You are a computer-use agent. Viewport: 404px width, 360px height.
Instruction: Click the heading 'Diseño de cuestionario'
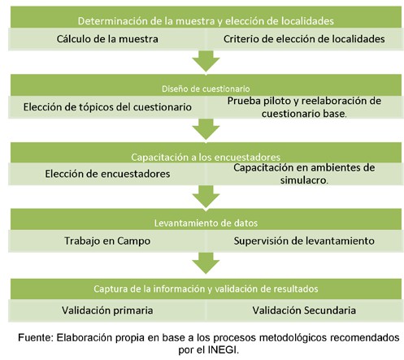tap(206, 89)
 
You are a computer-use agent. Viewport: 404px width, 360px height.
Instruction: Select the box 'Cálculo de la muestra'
tap(107, 39)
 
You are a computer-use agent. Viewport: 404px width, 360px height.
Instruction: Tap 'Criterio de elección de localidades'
tap(304, 39)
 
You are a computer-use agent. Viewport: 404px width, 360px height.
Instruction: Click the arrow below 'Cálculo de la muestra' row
tap(206, 61)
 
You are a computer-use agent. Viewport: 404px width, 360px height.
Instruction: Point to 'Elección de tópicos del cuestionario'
tap(107, 107)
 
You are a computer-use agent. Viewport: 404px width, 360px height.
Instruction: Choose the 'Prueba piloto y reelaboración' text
tap(304, 101)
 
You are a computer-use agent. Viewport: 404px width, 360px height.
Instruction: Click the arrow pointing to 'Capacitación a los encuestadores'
tap(206, 129)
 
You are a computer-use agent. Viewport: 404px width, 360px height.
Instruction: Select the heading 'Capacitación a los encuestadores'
tap(206, 157)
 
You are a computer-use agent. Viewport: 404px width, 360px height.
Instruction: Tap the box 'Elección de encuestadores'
tap(107, 174)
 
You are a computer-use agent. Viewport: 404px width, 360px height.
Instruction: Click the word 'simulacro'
tap(303, 180)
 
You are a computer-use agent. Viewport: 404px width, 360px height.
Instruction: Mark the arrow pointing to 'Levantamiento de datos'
tap(206, 196)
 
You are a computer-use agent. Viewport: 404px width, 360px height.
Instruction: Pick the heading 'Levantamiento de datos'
tap(206, 223)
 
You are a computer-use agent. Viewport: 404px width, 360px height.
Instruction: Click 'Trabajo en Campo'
tap(107, 241)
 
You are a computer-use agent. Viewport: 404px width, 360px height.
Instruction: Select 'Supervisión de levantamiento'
tap(304, 241)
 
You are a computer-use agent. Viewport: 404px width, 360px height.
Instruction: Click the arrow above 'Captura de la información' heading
tap(206, 263)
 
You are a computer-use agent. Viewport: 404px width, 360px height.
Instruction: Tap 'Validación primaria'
tap(107, 310)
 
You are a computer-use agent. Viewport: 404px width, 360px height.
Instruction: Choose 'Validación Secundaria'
tap(304, 310)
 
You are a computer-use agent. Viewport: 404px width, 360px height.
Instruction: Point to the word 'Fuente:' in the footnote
tap(36, 338)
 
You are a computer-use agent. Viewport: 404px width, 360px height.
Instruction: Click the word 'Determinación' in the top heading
tap(113, 21)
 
